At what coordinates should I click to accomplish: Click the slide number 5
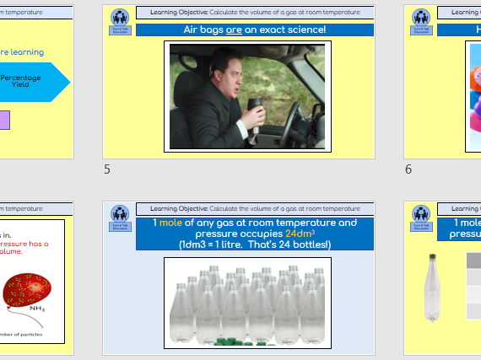click(x=107, y=169)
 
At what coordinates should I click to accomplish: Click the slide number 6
click(x=408, y=169)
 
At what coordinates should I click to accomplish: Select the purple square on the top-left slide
click(x=5, y=121)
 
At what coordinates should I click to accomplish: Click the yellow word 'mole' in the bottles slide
click(x=175, y=223)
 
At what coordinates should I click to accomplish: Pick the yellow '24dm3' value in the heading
click(x=301, y=234)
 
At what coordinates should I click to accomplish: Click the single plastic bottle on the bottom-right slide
click(x=434, y=291)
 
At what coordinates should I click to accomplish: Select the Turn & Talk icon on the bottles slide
click(x=120, y=218)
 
